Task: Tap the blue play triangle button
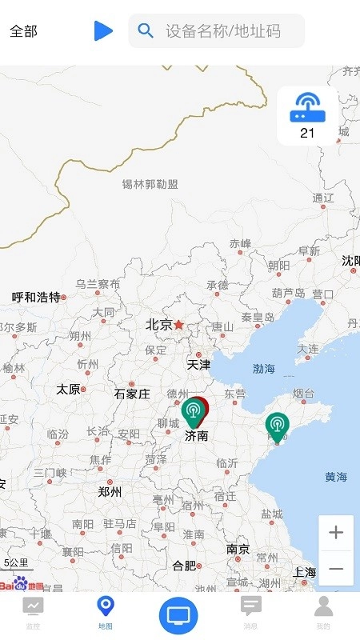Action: coord(103,30)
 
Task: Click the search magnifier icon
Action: coord(146,30)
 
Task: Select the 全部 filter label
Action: coord(23,31)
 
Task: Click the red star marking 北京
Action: coord(179,325)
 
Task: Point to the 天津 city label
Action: coord(198,364)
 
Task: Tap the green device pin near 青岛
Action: coord(277,426)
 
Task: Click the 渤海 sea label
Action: coord(264,369)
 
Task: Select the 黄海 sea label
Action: coord(336,477)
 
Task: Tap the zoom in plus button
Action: coord(336,533)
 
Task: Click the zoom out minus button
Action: coord(336,568)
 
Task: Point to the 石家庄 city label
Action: coord(132,394)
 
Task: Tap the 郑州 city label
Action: coord(109,492)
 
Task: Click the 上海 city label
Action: coord(304,572)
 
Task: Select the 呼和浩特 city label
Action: coord(36,297)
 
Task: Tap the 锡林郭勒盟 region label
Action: coord(150,184)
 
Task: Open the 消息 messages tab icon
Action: coord(251,606)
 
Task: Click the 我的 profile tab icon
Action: coord(323,606)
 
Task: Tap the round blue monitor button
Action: coord(179,615)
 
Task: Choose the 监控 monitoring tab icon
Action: coord(33,606)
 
